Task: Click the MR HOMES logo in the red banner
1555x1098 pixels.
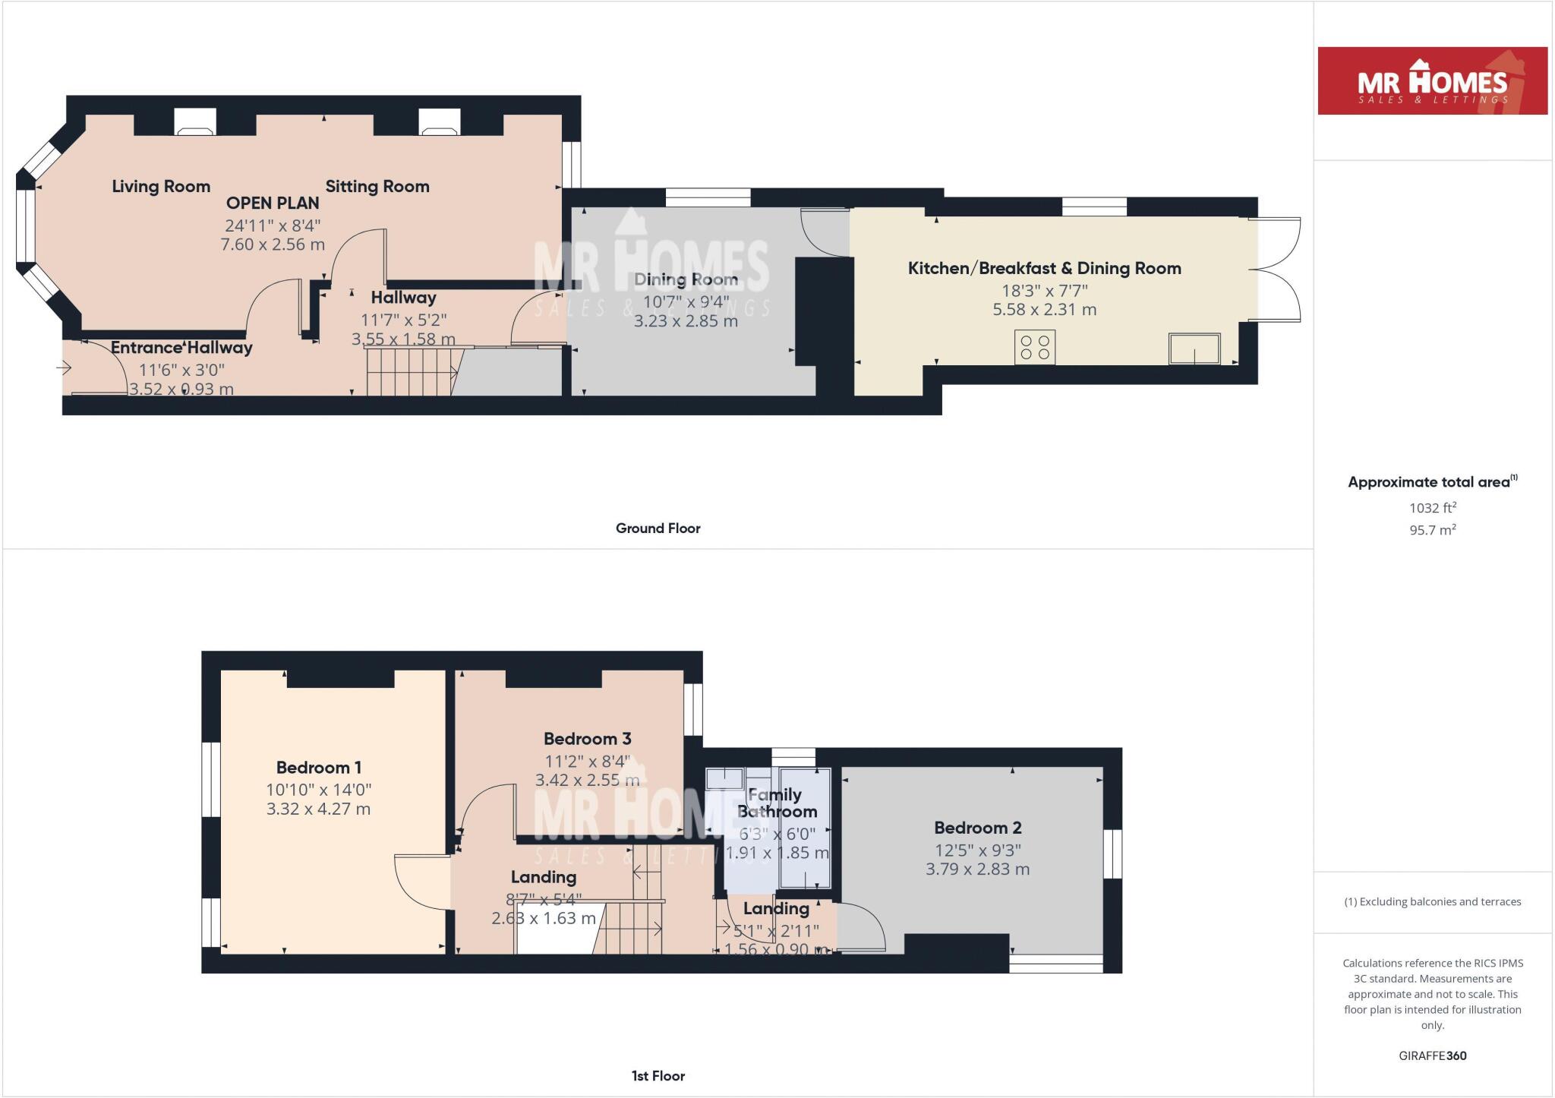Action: coord(1432,82)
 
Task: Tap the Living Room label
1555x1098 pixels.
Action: coord(161,186)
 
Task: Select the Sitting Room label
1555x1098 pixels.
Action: coord(377,186)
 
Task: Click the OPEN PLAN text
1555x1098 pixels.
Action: coord(273,203)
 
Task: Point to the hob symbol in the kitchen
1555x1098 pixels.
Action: coord(1035,348)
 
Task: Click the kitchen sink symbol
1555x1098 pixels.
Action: coord(1194,349)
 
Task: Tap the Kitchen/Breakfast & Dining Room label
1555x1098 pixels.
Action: coord(1044,268)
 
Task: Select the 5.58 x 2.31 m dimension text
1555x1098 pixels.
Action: coord(1044,309)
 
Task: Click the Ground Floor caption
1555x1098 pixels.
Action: coord(658,528)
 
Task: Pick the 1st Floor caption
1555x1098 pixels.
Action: coord(658,1076)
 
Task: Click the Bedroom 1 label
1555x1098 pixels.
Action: coord(318,768)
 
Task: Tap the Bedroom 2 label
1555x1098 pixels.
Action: coord(977,828)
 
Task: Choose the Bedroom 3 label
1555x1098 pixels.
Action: coord(587,739)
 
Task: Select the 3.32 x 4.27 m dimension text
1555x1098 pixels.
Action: coord(318,809)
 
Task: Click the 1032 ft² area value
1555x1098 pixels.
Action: coord(1432,508)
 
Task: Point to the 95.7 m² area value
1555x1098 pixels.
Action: coord(1432,530)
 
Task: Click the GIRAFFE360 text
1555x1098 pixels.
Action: coord(1432,1055)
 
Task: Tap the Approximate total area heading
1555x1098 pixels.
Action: coord(1430,482)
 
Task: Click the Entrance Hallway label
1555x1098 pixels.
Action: coord(181,348)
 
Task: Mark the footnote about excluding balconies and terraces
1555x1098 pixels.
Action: coord(1432,902)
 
